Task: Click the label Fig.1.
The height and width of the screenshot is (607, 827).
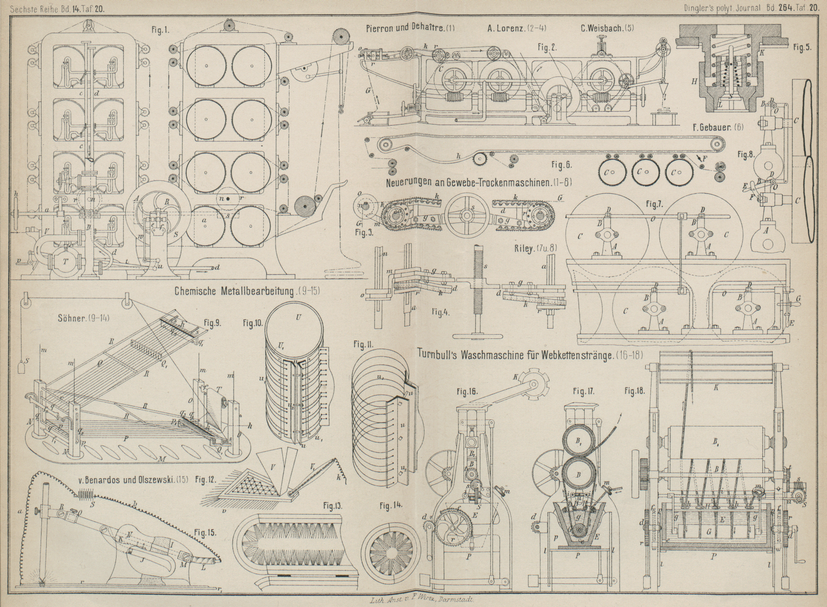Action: click(160, 30)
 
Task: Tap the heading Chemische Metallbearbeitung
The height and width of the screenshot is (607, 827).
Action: click(234, 291)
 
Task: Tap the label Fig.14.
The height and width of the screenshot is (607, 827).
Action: click(391, 506)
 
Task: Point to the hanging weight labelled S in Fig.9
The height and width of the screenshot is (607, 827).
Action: click(22, 368)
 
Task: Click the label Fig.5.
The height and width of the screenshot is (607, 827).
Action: click(801, 48)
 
